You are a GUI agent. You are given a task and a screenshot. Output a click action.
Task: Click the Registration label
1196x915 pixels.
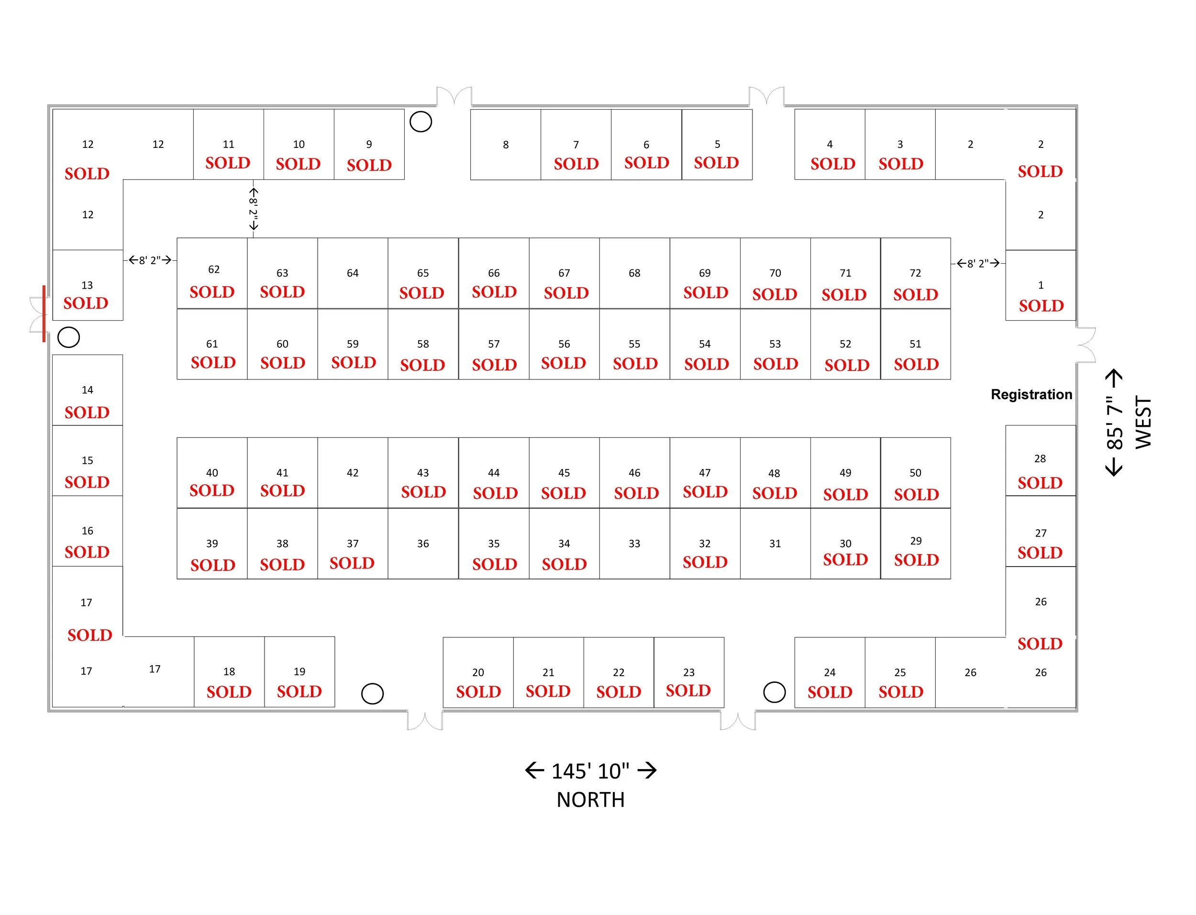click(1030, 394)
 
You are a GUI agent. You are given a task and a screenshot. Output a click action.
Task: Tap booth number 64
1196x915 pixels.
click(352, 273)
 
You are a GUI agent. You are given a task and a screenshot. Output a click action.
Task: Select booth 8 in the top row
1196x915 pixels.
click(505, 145)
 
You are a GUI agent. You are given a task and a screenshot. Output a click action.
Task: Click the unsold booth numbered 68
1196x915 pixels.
click(634, 273)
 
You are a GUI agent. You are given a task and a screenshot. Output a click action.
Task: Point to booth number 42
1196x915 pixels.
click(352, 473)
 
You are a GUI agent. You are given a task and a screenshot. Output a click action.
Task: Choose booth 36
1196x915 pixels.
click(422, 544)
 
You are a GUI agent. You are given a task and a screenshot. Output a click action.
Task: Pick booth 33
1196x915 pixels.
click(634, 544)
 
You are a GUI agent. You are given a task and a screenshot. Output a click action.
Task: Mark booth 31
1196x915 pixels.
click(775, 544)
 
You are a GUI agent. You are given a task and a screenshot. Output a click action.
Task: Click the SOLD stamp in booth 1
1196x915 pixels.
click(1041, 305)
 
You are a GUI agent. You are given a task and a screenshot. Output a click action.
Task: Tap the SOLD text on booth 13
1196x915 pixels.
click(86, 303)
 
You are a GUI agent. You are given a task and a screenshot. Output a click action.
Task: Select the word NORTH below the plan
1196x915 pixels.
click(590, 800)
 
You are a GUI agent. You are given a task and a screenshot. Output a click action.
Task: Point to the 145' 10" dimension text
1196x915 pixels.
click(590, 770)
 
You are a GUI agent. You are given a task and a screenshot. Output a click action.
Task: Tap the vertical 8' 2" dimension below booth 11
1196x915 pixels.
click(253, 209)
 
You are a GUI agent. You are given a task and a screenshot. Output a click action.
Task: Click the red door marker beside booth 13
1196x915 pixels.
click(44, 314)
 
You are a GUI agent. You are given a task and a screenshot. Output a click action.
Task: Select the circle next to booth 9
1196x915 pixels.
click(420, 122)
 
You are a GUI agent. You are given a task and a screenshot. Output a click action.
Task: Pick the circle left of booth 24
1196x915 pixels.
click(774, 692)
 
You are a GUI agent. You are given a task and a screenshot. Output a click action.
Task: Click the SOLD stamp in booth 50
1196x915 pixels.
click(916, 494)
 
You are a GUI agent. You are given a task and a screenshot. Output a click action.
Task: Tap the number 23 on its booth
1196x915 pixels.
click(688, 672)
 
